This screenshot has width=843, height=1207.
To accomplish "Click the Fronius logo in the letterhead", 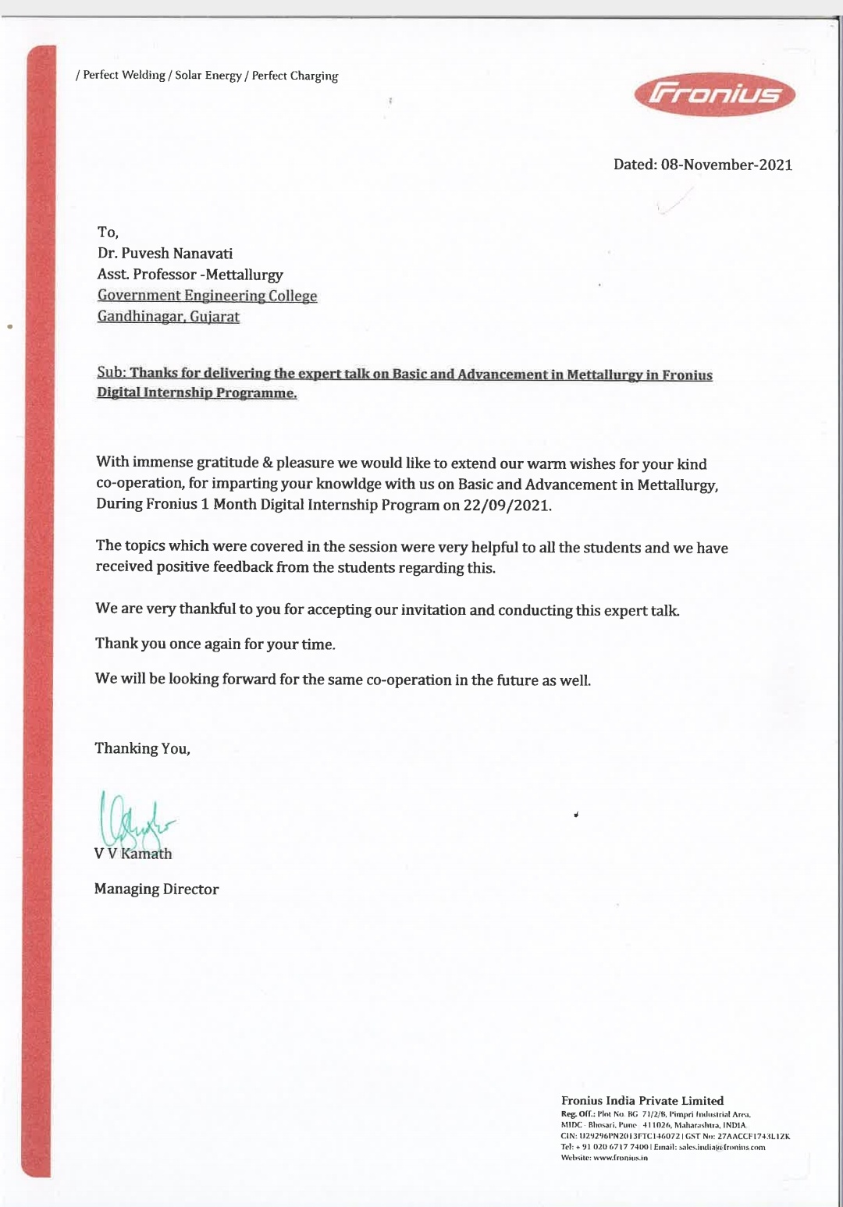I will (715, 95).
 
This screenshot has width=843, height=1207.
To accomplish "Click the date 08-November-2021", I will (726, 165).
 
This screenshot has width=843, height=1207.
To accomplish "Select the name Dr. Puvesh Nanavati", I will (165, 254).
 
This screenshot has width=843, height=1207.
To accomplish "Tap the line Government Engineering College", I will (207, 296).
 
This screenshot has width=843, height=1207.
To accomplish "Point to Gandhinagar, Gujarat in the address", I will (168, 317).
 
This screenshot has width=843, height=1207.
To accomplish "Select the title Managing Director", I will (156, 889).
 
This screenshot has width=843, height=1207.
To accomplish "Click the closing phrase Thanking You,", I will (142, 749).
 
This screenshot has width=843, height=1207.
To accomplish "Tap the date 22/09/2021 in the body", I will (507, 505).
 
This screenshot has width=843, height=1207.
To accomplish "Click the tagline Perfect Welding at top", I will (124, 76).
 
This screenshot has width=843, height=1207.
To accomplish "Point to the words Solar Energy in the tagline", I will (208, 76).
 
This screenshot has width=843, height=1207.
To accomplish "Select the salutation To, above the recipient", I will (108, 233).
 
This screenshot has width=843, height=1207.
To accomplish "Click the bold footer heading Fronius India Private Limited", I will (642, 1101).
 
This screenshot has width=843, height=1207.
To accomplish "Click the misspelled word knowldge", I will (348, 485).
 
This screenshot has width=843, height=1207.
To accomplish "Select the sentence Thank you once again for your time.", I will (215, 644).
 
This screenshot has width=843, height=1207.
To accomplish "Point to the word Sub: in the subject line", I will (111, 373).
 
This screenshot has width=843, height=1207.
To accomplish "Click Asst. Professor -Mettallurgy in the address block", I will (190, 275).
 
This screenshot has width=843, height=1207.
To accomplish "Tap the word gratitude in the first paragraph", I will (227, 463).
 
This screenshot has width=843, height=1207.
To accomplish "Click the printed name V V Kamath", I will (133, 854).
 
